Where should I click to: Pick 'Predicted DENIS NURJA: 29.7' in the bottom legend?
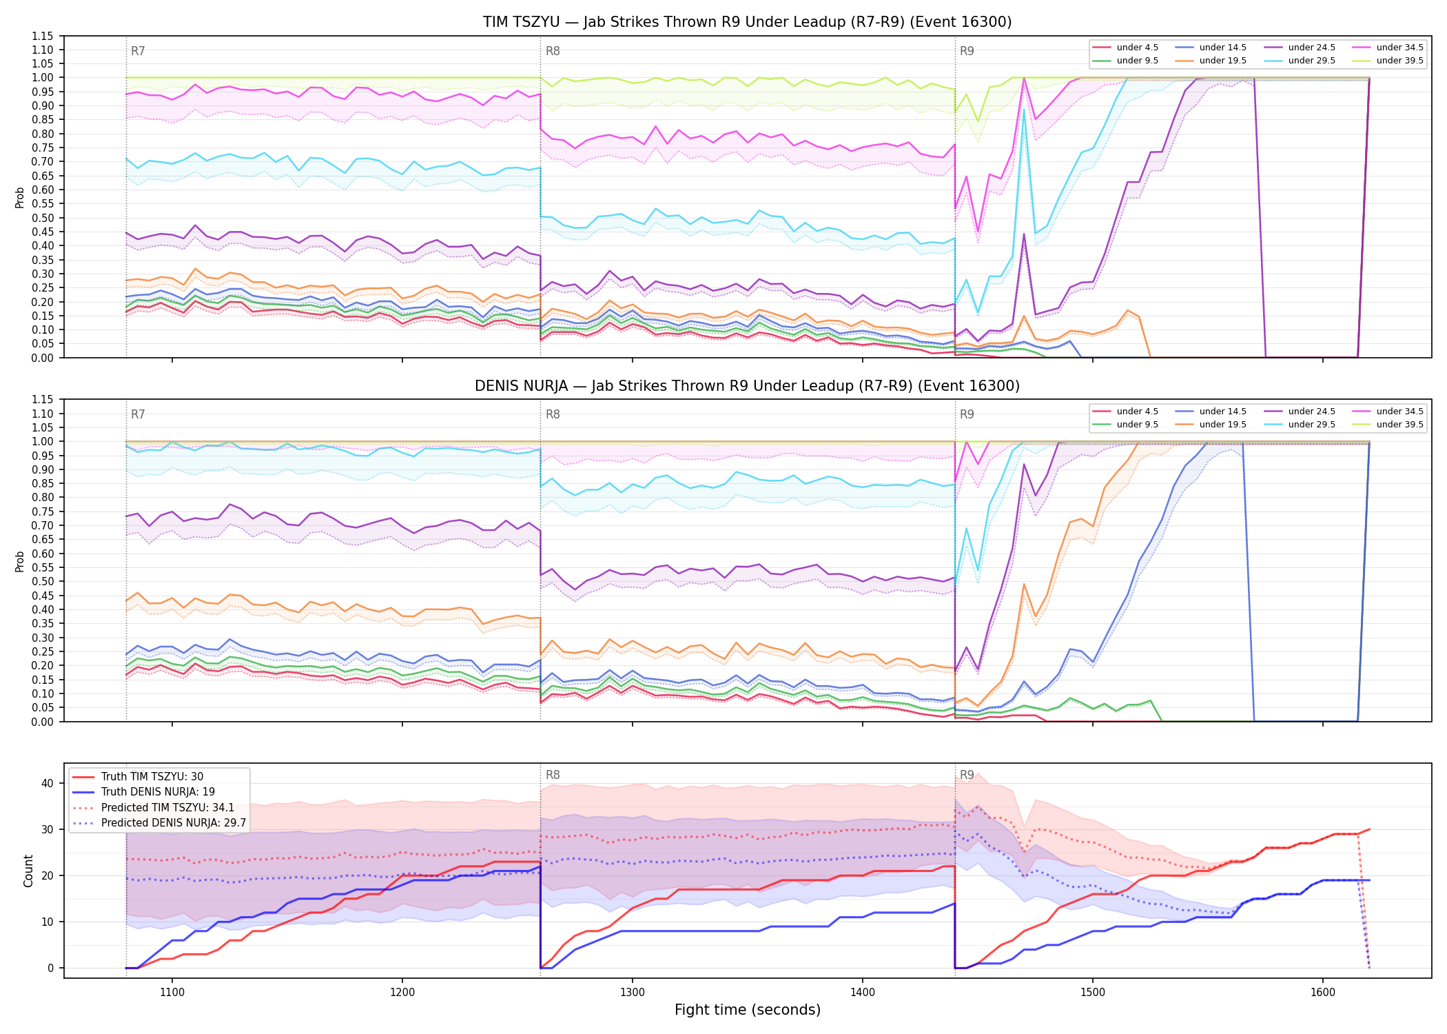[x=159, y=822]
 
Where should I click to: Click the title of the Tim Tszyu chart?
[x=747, y=22]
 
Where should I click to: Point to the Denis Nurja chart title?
[x=747, y=386]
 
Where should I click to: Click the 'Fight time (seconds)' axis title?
[x=748, y=1010]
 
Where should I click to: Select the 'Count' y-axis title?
[x=28, y=871]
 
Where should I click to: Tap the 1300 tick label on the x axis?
[x=633, y=993]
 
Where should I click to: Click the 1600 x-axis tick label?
[x=1323, y=993]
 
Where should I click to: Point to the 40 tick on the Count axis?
[x=48, y=783]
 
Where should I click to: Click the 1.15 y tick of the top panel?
[x=43, y=36]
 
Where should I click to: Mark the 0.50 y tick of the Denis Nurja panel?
[x=43, y=581]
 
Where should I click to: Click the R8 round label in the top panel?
[x=553, y=51]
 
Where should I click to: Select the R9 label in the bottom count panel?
[x=967, y=775]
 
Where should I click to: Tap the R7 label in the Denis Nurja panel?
[x=138, y=414]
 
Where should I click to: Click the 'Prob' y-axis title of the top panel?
[x=20, y=198]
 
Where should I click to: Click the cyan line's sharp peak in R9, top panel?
[x=1024, y=109]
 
